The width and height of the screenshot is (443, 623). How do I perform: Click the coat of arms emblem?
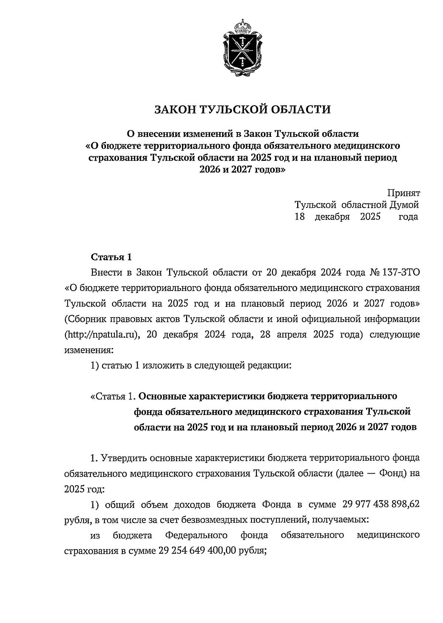(242, 50)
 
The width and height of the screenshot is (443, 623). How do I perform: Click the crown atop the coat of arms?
(242, 27)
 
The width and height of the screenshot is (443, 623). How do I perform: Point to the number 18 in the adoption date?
(299, 217)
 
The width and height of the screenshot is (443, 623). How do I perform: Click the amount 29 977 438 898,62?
(381, 504)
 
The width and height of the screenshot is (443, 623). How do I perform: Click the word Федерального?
(196, 535)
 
